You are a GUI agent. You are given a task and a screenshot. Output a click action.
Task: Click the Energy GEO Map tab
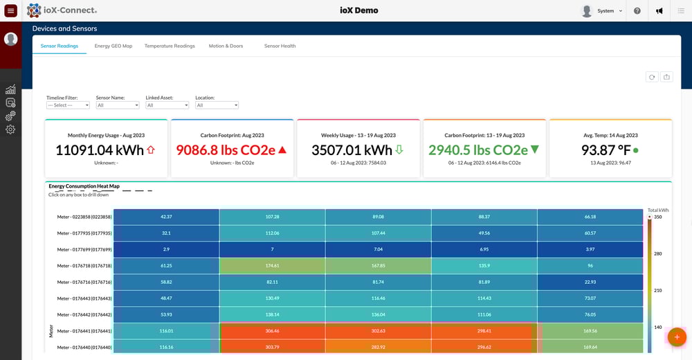tap(113, 46)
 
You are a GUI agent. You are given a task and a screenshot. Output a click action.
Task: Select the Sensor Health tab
tap(280, 46)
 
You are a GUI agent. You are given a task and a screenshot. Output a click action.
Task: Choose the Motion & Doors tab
tap(226, 46)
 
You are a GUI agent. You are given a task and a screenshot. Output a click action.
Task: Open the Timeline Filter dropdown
tap(68, 105)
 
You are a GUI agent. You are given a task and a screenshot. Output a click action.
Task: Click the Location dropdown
tap(217, 105)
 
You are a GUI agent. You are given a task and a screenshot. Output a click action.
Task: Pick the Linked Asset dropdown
tap(167, 105)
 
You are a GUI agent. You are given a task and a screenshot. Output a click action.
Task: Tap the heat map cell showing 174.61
tap(272, 266)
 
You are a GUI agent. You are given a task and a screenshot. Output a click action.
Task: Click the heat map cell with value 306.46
tap(272, 332)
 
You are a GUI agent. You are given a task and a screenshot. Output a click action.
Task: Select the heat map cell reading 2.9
tap(166, 249)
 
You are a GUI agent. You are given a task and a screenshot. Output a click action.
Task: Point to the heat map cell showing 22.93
tap(590, 282)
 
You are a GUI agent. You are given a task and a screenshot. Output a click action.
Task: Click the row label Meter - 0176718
tap(84, 266)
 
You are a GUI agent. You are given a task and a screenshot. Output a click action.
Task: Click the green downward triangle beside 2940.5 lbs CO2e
tap(534, 150)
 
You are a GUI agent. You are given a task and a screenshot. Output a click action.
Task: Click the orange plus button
tap(676, 337)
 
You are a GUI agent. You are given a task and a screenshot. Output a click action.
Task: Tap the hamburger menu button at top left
tap(10, 10)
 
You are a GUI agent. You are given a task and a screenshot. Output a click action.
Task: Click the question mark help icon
tap(637, 11)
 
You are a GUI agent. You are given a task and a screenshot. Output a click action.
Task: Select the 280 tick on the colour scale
tap(658, 254)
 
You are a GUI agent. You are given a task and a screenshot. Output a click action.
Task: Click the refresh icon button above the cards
tap(651, 77)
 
